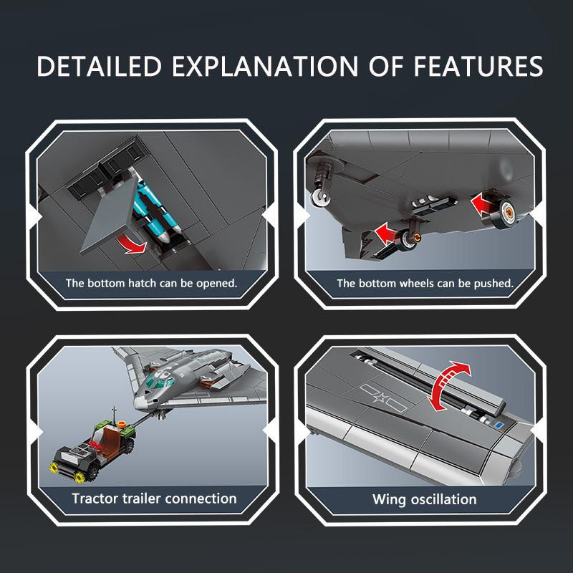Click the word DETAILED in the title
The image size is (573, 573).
(x=99, y=66)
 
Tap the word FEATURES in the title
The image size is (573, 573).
(x=478, y=66)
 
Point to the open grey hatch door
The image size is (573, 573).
(x=110, y=217)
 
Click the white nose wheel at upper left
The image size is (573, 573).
(x=320, y=197)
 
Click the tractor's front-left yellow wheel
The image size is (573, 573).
(x=55, y=467)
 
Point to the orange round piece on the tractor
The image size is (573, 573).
(x=121, y=424)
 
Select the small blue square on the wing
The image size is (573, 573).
(x=499, y=425)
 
